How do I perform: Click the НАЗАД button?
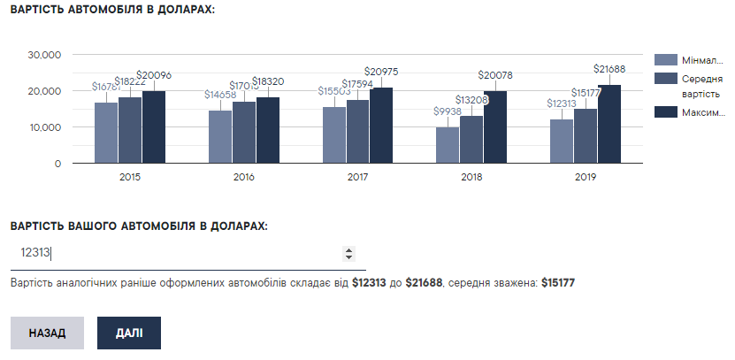(x=47, y=333)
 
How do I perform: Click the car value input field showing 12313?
(x=177, y=254)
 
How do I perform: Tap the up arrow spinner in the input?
(x=348, y=249)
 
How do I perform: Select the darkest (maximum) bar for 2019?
(x=609, y=125)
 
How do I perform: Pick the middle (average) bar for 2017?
(x=358, y=132)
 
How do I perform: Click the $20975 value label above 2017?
(x=383, y=72)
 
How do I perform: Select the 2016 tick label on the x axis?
(x=244, y=178)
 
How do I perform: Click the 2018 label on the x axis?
(x=471, y=178)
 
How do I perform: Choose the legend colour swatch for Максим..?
(x=666, y=112)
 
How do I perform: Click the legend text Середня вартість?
(x=701, y=86)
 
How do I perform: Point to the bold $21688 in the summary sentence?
(x=425, y=283)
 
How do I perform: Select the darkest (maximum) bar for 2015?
(x=154, y=127)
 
